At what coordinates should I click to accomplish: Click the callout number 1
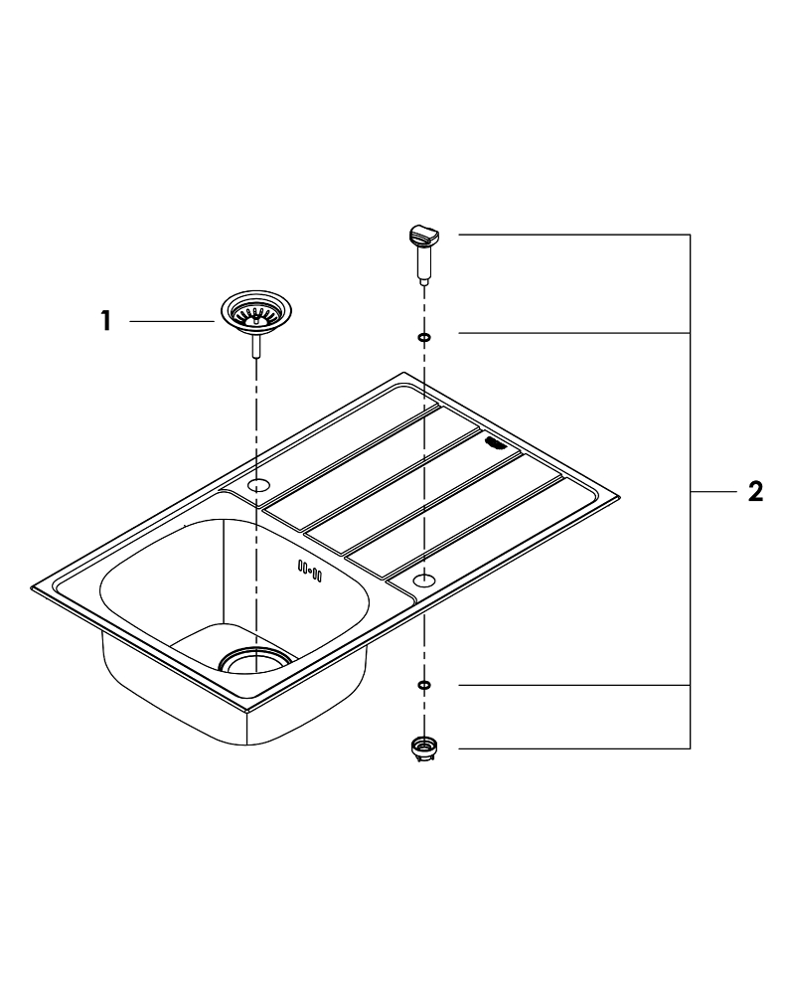click(105, 321)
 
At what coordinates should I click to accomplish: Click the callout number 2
click(755, 491)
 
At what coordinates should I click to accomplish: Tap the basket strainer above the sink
click(255, 311)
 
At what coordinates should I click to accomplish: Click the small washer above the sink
click(424, 337)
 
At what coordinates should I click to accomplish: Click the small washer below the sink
click(424, 685)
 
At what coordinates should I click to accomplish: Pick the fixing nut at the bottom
click(424, 748)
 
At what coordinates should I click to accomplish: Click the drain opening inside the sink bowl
click(255, 659)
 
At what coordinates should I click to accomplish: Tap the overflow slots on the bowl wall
click(310, 571)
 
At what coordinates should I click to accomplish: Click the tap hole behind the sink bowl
click(258, 486)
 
